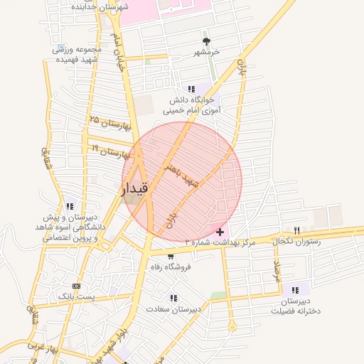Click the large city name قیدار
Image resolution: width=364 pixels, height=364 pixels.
click(134, 189)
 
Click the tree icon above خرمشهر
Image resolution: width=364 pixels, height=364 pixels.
click(207, 41)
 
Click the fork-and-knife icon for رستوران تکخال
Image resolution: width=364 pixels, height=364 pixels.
click(297, 230)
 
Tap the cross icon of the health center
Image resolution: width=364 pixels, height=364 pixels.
click(220, 232)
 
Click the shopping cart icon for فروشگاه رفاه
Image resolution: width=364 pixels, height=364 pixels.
click(171, 256)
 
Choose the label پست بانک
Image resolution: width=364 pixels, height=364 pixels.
click(76, 295)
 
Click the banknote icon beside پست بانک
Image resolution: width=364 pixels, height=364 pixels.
click(77, 284)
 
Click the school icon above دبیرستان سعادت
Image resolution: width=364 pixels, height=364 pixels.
click(173, 299)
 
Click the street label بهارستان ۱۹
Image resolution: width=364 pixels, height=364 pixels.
click(109, 151)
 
